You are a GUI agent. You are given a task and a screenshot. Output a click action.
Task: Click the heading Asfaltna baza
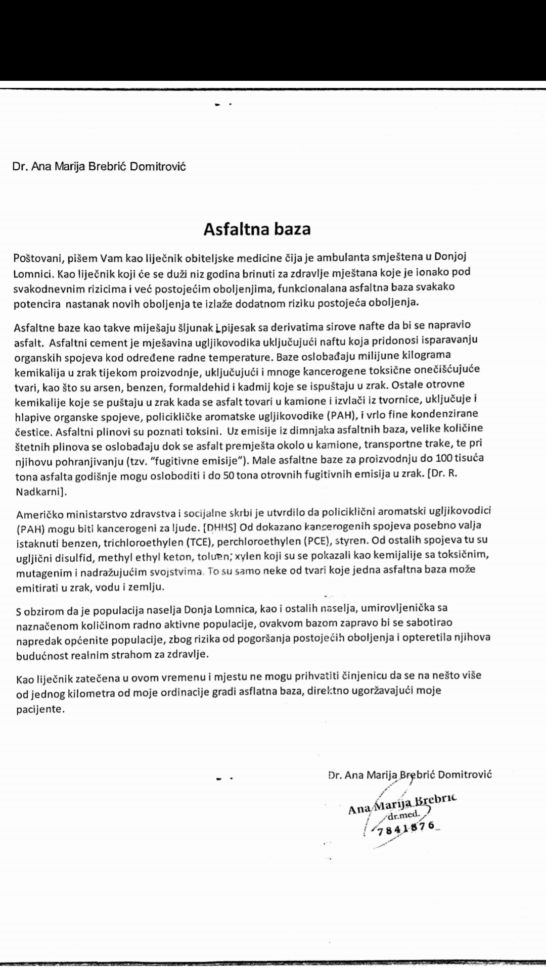coord(257,229)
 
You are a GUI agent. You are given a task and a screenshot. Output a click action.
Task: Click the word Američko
coord(41,513)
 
